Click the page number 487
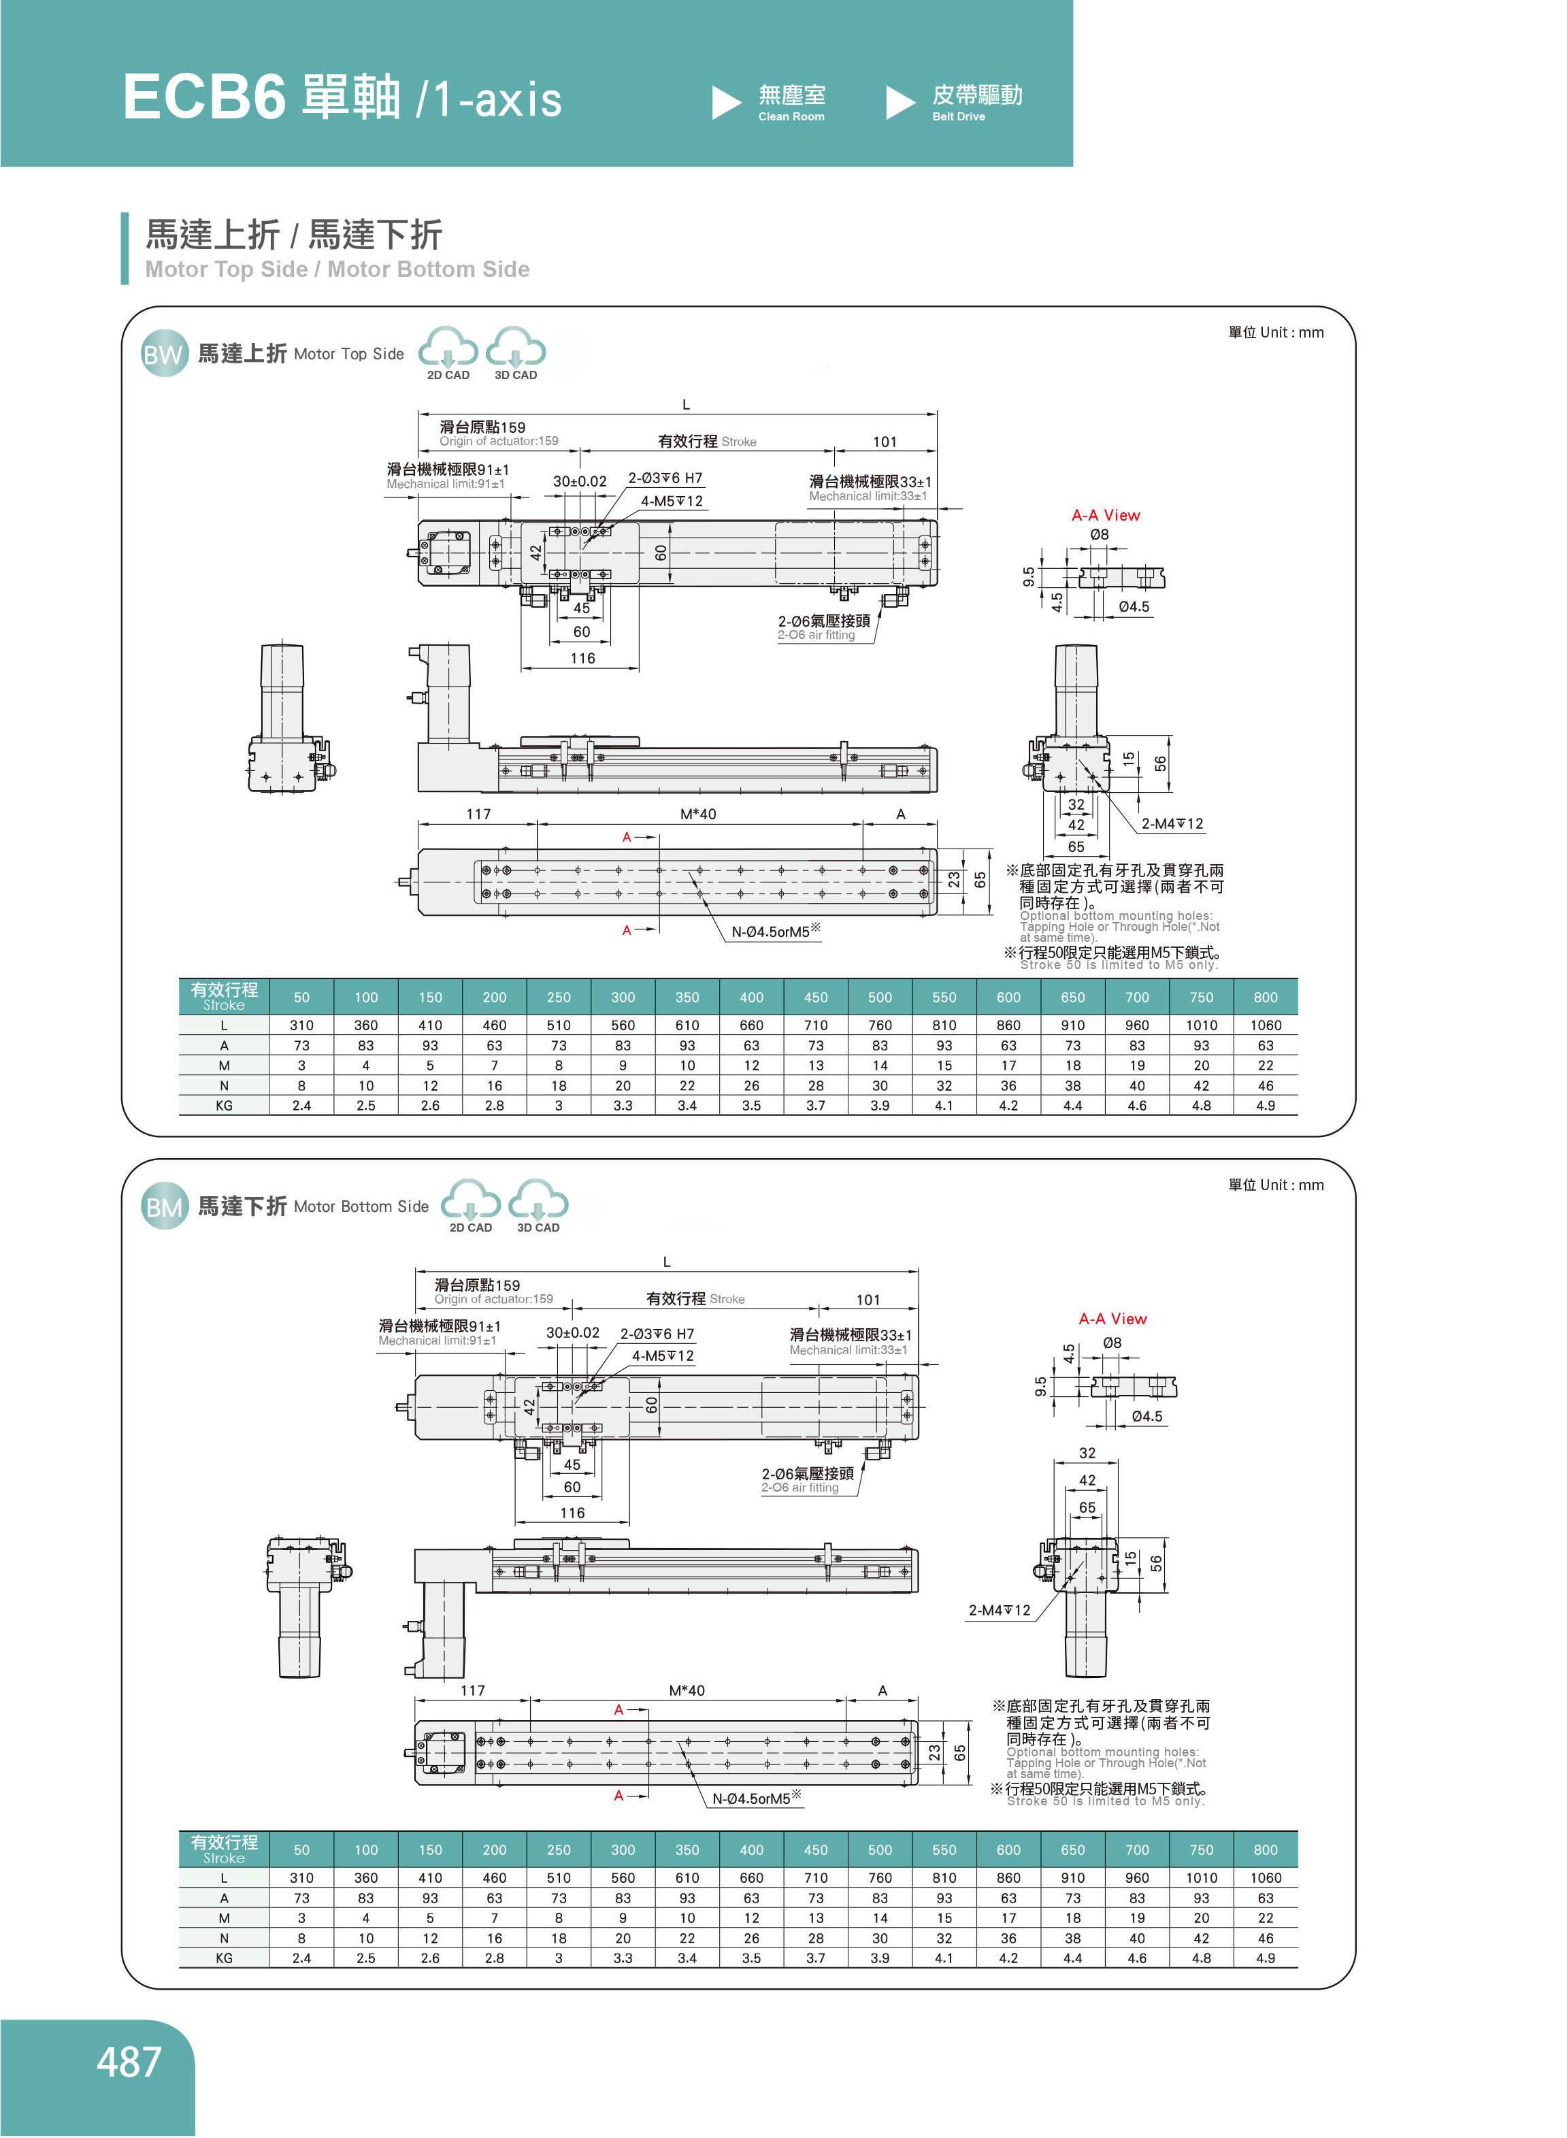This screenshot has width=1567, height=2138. (x=129, y=2062)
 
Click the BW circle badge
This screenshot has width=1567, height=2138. (x=163, y=355)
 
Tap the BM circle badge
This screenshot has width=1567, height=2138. (x=163, y=1208)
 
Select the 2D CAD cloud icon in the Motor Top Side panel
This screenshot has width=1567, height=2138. (x=448, y=351)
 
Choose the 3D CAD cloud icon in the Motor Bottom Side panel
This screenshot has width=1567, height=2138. (x=538, y=1204)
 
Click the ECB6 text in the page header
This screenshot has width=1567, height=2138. (x=204, y=98)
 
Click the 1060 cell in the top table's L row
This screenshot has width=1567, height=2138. (x=1266, y=1025)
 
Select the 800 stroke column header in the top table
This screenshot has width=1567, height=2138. (x=1266, y=997)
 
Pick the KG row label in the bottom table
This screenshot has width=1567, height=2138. (x=224, y=1958)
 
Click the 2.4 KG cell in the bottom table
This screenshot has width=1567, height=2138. (x=301, y=1958)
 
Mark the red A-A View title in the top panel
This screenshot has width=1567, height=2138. (x=1105, y=515)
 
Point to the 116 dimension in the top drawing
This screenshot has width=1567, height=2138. (x=582, y=658)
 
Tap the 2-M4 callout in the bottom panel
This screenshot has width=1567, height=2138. (x=999, y=1610)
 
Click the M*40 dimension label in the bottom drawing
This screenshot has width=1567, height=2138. (x=687, y=1690)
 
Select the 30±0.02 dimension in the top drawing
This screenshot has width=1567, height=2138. (x=580, y=481)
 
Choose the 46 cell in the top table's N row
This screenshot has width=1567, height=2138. (x=1266, y=1085)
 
